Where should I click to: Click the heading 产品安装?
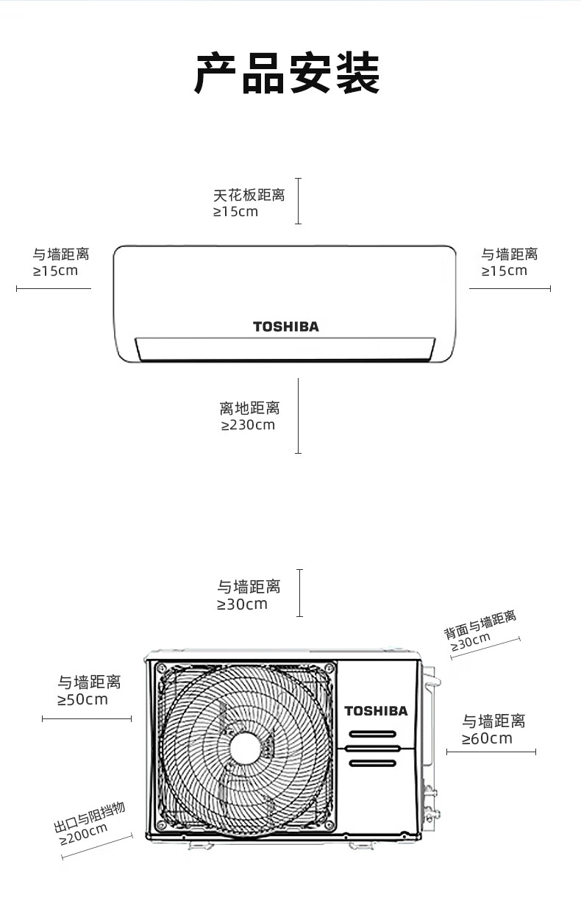coord(287,74)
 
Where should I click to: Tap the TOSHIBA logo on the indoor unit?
coord(286,327)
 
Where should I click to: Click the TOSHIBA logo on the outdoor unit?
coord(376,710)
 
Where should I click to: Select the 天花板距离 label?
coord(249,196)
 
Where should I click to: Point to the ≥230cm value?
coord(248,425)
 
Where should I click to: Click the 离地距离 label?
coord(249,408)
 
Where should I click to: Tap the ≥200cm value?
coord(84,834)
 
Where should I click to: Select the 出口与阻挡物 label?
coord(90,817)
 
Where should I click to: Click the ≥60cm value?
coord(487,738)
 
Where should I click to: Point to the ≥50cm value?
coord(82,699)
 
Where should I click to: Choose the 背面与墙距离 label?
coord(480,624)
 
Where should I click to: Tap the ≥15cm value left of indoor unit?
coord(55,271)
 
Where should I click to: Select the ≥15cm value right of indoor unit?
coord(505,271)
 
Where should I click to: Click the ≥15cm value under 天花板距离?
coord(235,212)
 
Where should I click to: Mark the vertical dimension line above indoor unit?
coord(298,200)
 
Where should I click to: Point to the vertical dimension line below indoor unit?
coord(298,415)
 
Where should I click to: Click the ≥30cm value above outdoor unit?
coord(242,604)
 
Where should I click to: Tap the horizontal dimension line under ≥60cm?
coord(491,752)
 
